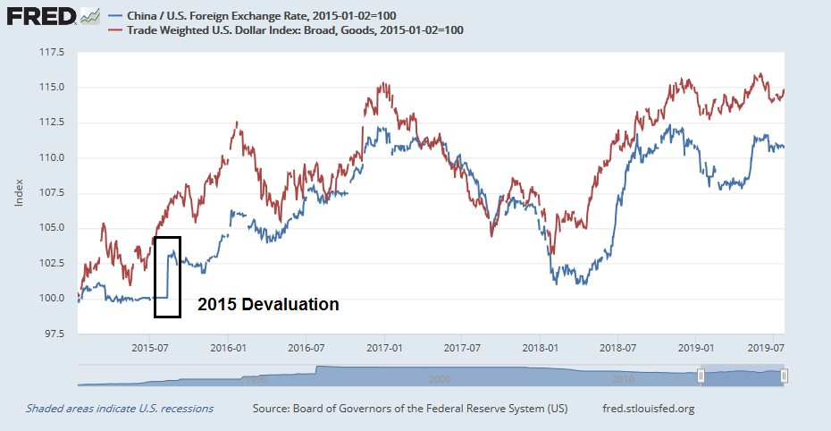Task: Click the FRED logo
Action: [40, 16]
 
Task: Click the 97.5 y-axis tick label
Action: [53, 334]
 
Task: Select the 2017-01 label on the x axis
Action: [382, 347]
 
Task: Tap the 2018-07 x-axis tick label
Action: [617, 347]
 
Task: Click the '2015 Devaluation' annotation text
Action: [268, 305]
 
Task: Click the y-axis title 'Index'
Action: [19, 193]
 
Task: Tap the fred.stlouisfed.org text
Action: [650, 409]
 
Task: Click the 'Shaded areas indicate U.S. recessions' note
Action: [120, 409]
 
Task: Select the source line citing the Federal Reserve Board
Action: [410, 409]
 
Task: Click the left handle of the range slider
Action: [702, 376]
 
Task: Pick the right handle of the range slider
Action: [784, 376]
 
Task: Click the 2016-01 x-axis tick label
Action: [228, 347]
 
